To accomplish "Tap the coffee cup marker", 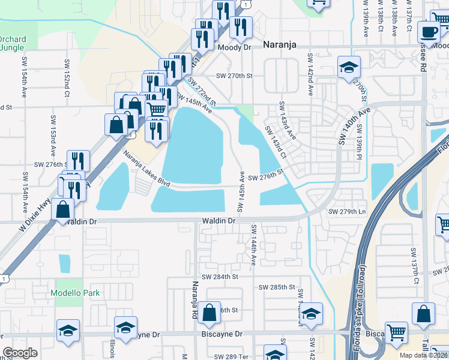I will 429,31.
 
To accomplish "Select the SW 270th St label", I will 235,76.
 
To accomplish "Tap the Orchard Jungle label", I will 11,43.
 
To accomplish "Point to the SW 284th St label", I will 220,277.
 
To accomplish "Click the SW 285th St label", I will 271,287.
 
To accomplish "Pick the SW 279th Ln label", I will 347,212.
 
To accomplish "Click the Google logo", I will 20,353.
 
